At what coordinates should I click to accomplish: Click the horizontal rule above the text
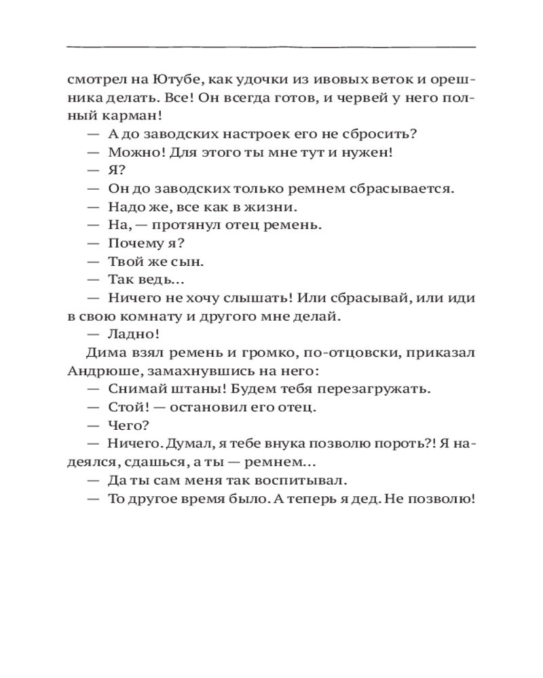pos(271,47)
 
